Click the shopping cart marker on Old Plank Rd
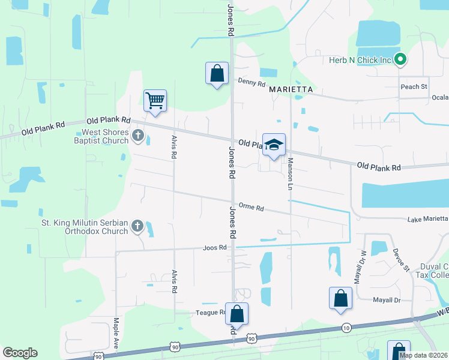click(x=155, y=101)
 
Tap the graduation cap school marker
click(x=274, y=145)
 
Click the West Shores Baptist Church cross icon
click(x=138, y=136)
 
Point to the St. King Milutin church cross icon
click(x=137, y=227)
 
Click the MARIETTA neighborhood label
click(x=291, y=89)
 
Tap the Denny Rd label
click(x=252, y=83)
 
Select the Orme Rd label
click(x=251, y=207)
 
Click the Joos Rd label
click(x=214, y=247)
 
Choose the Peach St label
click(x=414, y=86)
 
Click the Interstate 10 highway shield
click(x=346, y=328)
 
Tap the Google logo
click(x=20, y=353)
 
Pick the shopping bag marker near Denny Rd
click(x=217, y=74)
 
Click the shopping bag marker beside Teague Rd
click(x=237, y=314)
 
